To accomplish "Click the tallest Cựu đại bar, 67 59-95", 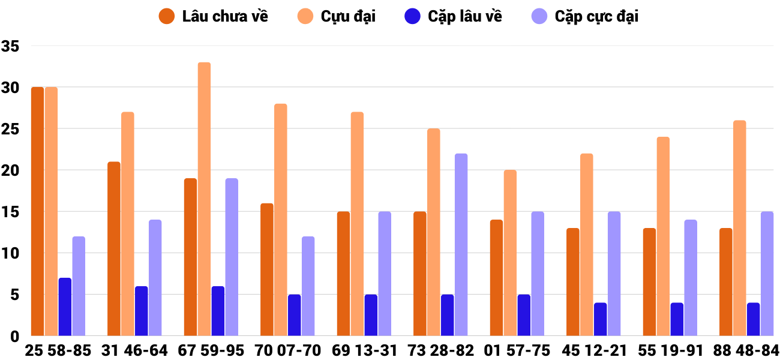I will coord(205,199).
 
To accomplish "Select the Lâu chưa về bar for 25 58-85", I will coord(38,211).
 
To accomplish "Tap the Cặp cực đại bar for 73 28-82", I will coord(461,245).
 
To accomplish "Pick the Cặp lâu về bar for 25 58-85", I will coord(65,307).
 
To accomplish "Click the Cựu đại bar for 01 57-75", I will coord(510,253).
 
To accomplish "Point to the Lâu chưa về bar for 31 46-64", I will coord(114,248).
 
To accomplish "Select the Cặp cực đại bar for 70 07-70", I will coord(308,286).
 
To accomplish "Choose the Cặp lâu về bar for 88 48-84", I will coord(754,319).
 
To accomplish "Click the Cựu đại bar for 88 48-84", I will coord(740,228).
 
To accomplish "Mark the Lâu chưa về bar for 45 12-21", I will coord(573,282).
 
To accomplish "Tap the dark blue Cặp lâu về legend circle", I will coord(412,16).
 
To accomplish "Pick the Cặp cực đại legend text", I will coord(596,16).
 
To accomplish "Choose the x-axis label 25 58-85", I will coord(58,350).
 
